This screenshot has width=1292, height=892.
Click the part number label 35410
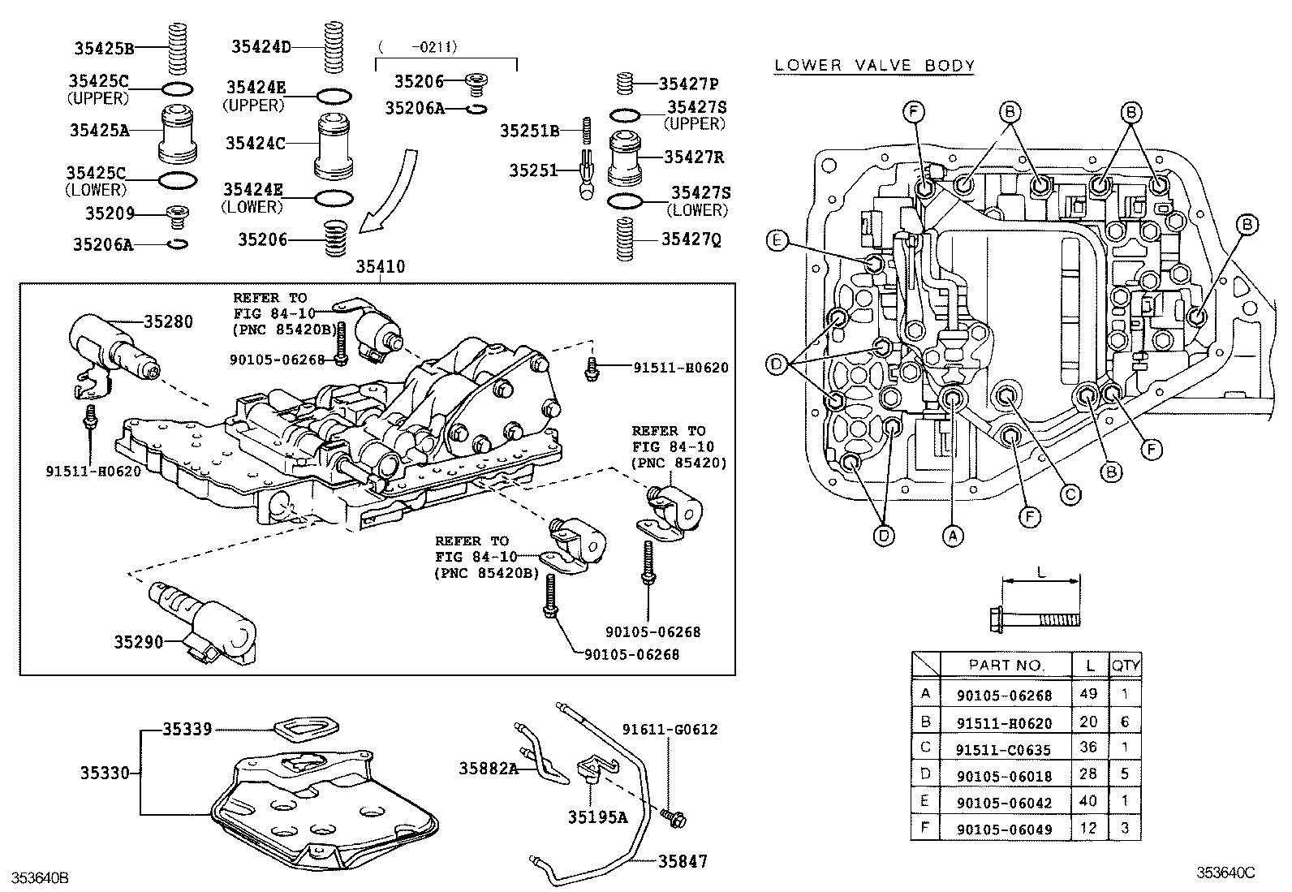click(380, 267)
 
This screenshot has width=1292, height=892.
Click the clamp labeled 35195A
click(590, 771)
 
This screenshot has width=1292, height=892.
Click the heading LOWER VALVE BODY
click(874, 66)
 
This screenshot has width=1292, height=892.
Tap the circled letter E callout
click(777, 240)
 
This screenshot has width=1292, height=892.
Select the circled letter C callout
click(1070, 493)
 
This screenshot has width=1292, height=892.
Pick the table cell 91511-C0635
click(1004, 748)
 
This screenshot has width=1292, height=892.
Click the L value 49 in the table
click(1088, 695)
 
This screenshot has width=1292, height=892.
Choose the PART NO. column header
click(1006, 665)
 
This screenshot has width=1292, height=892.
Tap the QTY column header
click(1125, 665)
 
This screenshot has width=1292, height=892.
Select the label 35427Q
click(690, 239)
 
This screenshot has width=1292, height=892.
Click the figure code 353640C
click(1225, 873)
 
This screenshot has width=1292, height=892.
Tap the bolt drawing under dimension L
click(1036, 618)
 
